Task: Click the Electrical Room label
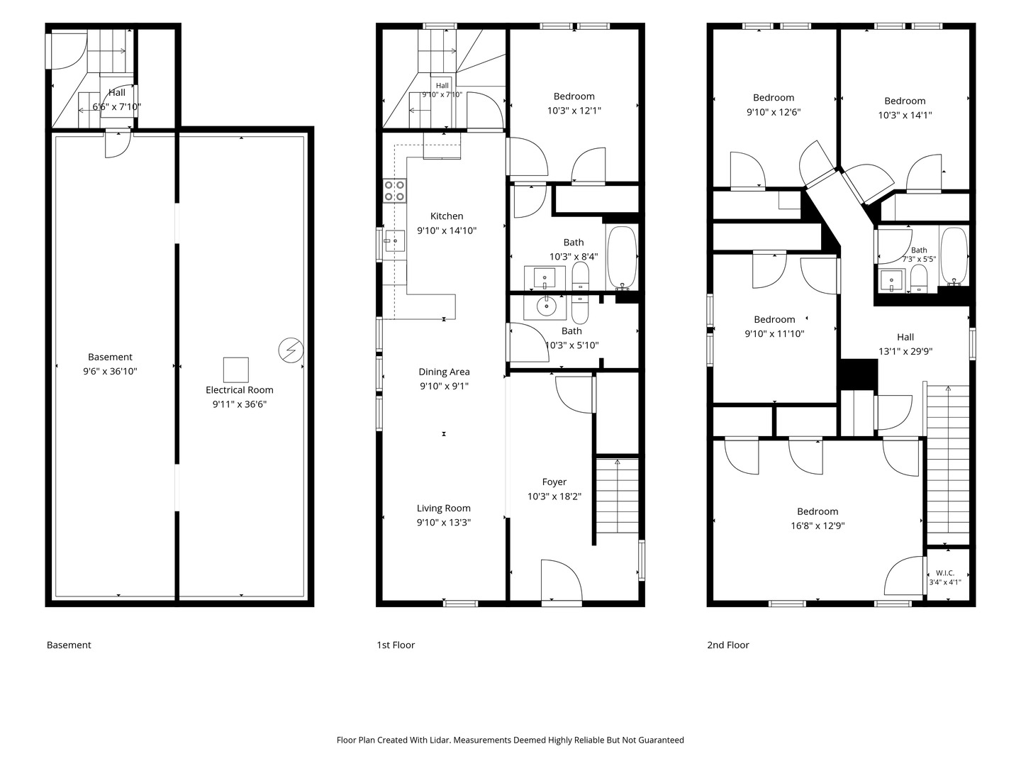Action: click(x=239, y=390)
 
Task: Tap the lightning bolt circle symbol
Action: click(x=291, y=350)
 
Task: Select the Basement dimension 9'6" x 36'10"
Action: click(x=110, y=371)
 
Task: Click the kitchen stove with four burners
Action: click(x=394, y=191)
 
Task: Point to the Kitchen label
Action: click(x=447, y=216)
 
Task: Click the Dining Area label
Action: click(x=444, y=372)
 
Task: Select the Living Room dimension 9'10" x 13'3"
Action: click(x=444, y=522)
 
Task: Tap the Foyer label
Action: click(x=554, y=482)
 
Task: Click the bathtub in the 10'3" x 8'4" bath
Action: click(x=622, y=257)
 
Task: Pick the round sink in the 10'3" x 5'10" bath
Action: click(x=546, y=306)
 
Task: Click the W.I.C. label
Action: click(x=944, y=573)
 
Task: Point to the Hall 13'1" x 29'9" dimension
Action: click(x=905, y=351)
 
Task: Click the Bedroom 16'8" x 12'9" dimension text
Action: click(x=818, y=526)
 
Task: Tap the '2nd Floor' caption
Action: click(x=728, y=645)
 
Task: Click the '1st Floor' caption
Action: click(x=396, y=645)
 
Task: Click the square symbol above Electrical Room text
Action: click(x=236, y=370)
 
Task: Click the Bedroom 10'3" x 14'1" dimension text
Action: click(x=905, y=115)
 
